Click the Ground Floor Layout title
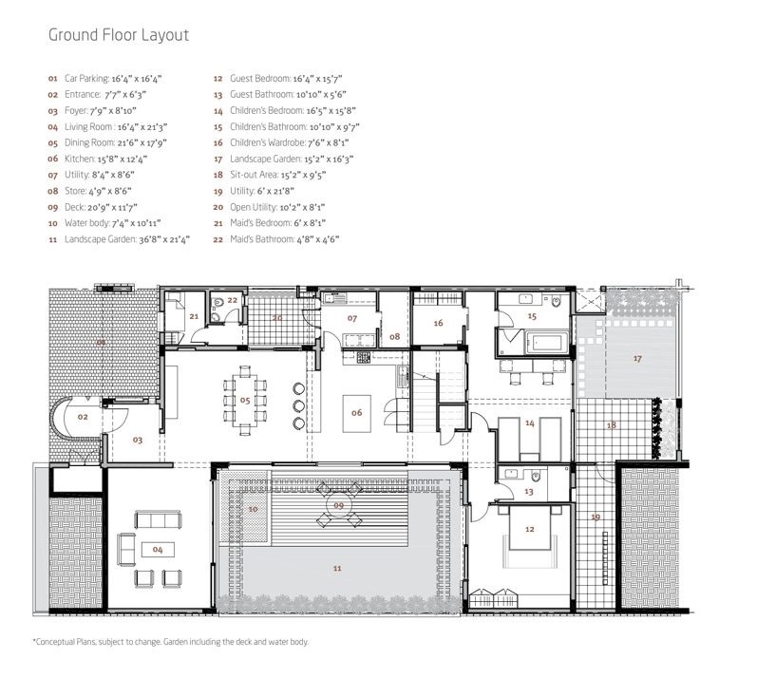[119, 35]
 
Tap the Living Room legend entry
[107, 127]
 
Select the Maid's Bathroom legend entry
[276, 239]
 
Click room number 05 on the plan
[245, 401]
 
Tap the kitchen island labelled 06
[357, 414]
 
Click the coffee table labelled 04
[158, 550]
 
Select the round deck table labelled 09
[338, 505]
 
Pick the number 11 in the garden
[337, 569]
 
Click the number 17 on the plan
[637, 359]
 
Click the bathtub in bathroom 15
[546, 343]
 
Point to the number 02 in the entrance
[83, 417]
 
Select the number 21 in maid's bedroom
[194, 316]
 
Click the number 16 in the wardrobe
[439, 323]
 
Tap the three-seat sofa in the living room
[158, 519]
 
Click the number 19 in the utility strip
[596, 517]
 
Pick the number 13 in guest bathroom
[529, 492]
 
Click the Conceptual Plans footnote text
[171, 642]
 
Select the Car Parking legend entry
[104, 79]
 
